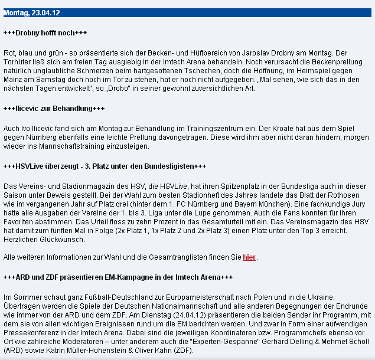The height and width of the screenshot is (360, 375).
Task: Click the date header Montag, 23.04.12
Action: [31, 13]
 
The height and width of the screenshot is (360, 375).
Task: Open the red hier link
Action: [249, 257]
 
